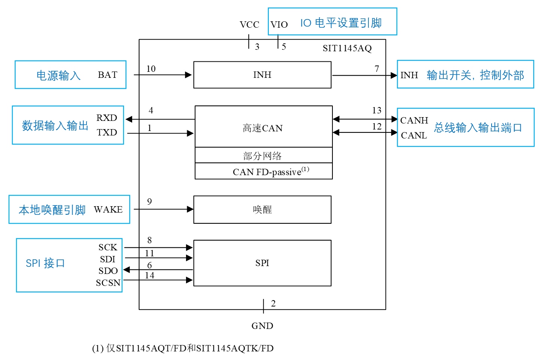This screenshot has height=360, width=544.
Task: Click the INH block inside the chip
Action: [x=262, y=75]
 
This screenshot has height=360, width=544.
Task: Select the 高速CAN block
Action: [x=263, y=127]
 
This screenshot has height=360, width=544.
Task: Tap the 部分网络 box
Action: [x=263, y=155]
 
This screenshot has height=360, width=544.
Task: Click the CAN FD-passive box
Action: [x=263, y=171]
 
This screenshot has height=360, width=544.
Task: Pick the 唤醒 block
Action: [x=262, y=210]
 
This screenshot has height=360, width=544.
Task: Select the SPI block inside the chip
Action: [x=262, y=263]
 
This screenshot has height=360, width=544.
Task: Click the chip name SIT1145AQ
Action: [x=347, y=48]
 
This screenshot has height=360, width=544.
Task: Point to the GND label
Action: [x=262, y=326]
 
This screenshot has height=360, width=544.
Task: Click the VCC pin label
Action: [x=249, y=25]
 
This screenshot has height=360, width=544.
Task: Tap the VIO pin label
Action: [x=279, y=25]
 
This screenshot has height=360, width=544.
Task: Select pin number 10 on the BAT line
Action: [x=151, y=69]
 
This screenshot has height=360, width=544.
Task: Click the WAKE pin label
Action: [x=108, y=210]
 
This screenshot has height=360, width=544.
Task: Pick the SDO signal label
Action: [x=108, y=271]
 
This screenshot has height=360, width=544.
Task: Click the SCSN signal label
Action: [x=108, y=283]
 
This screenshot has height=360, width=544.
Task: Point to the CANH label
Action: [x=414, y=120]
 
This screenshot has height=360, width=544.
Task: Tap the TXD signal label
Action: [x=107, y=132]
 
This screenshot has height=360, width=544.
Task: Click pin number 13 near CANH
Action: [x=377, y=110]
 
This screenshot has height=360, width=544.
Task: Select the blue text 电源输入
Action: [x=58, y=76]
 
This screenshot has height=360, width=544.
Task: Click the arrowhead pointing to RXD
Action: [x=129, y=119]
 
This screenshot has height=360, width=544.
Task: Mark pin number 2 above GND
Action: [x=273, y=303]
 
